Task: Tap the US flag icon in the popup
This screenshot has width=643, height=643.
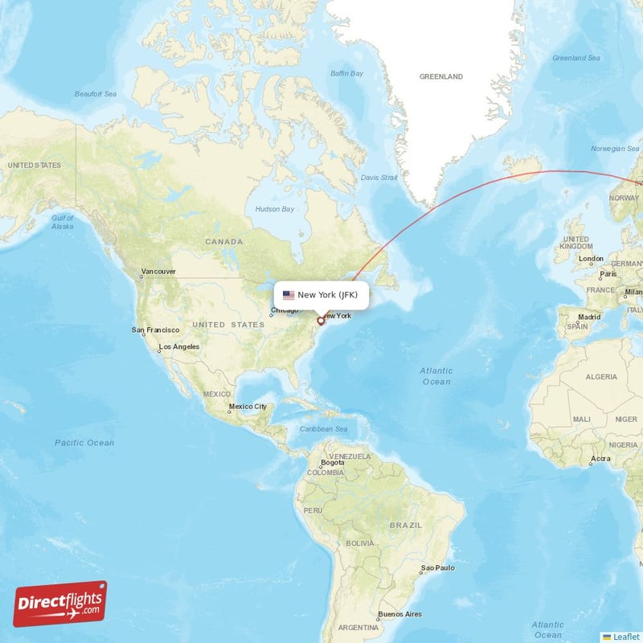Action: pyautogui.click(x=289, y=295)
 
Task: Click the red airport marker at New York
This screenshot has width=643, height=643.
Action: pyautogui.click(x=321, y=321)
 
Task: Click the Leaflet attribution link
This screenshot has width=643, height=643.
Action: pyautogui.click(x=625, y=636)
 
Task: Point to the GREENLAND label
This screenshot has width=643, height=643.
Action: pyautogui.click(x=441, y=76)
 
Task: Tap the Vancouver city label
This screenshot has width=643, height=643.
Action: pyautogui.click(x=158, y=272)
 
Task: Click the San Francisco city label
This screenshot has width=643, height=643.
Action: pyautogui.click(x=155, y=330)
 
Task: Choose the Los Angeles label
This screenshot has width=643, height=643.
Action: pyautogui.click(x=179, y=347)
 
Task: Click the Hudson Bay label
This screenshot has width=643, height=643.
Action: pyautogui.click(x=275, y=209)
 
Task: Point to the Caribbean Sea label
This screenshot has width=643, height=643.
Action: pyautogui.click(x=324, y=429)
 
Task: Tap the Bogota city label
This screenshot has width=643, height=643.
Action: pyautogui.click(x=332, y=462)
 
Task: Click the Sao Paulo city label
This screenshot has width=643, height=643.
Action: pyautogui.click(x=439, y=567)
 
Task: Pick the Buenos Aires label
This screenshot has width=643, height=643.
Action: pyautogui.click(x=400, y=614)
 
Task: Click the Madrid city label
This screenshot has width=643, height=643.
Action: pyautogui.click(x=589, y=317)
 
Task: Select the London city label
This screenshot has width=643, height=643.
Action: pyautogui.click(x=591, y=259)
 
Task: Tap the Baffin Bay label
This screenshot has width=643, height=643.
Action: pyautogui.click(x=347, y=74)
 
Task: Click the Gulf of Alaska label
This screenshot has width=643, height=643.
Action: pyautogui.click(x=63, y=223)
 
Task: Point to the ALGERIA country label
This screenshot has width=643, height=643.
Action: pyautogui.click(x=601, y=376)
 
